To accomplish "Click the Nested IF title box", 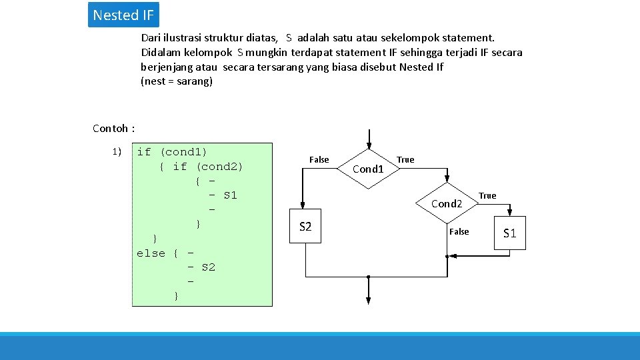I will click(x=123, y=15).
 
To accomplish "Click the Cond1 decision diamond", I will click(x=368, y=169).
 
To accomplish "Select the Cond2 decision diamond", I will click(x=447, y=203).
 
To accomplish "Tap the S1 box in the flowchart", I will click(x=510, y=233).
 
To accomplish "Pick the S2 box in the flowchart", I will click(x=306, y=227).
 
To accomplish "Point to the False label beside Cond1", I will click(x=319, y=159).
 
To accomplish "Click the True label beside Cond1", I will click(x=405, y=159).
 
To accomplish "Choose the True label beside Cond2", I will click(x=487, y=195).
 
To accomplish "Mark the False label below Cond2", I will click(x=459, y=231).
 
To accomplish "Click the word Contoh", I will click(x=111, y=128).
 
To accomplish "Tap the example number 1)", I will click(x=117, y=152).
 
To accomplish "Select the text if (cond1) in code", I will click(x=172, y=152).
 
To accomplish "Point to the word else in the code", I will click(x=151, y=253).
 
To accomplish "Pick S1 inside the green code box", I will click(x=230, y=195).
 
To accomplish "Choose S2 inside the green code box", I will click(x=209, y=267).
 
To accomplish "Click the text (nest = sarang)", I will click(x=177, y=81).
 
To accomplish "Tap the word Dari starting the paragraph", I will click(x=152, y=38).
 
